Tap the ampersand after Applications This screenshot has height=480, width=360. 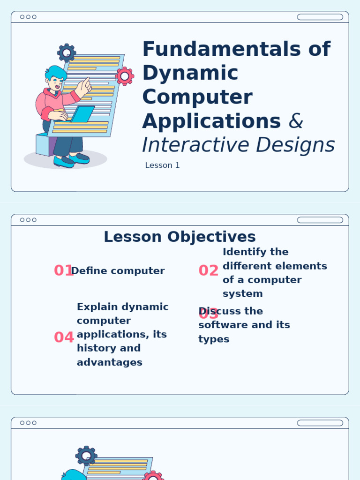[x=296, y=121]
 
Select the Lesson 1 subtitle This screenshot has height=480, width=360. [x=162, y=165]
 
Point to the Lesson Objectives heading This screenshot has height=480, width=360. [x=180, y=237]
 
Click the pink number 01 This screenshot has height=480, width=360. [x=62, y=271]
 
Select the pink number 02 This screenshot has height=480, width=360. [x=208, y=271]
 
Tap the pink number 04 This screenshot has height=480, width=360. [x=64, y=337]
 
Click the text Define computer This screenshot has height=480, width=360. [x=118, y=271]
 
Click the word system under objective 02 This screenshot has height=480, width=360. [x=242, y=294]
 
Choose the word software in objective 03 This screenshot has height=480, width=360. [x=221, y=325]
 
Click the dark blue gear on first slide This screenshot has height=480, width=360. [x=67, y=52]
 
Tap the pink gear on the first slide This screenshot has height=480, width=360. [x=125, y=76]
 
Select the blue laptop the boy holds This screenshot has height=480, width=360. [x=82, y=113]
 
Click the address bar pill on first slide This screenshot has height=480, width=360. [x=320, y=17]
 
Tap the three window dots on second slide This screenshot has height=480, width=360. [x=28, y=220]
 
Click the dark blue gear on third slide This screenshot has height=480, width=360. [x=86, y=456]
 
